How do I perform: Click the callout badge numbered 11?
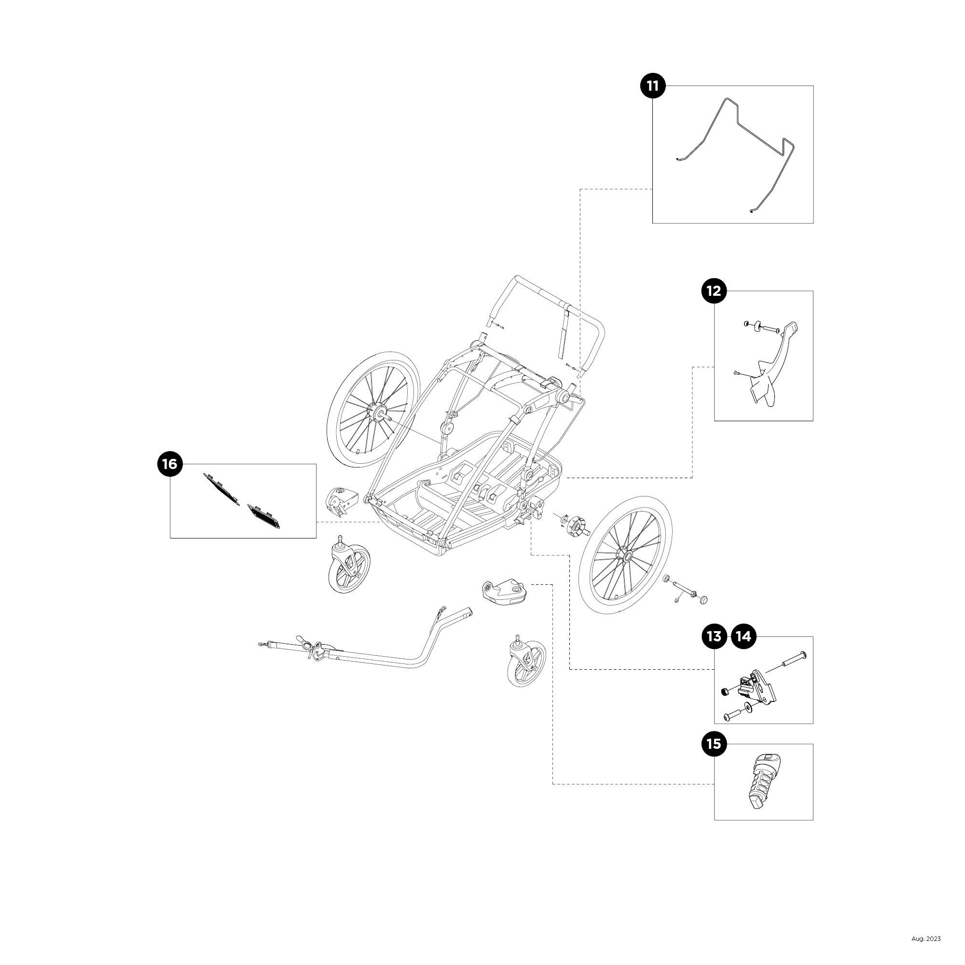click(653, 86)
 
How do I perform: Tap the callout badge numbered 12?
click(714, 290)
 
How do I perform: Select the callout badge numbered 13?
click(714, 636)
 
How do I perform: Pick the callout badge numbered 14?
click(743, 636)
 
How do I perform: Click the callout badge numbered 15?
click(714, 744)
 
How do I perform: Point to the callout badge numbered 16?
click(170, 464)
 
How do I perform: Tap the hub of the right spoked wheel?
click(625, 555)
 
